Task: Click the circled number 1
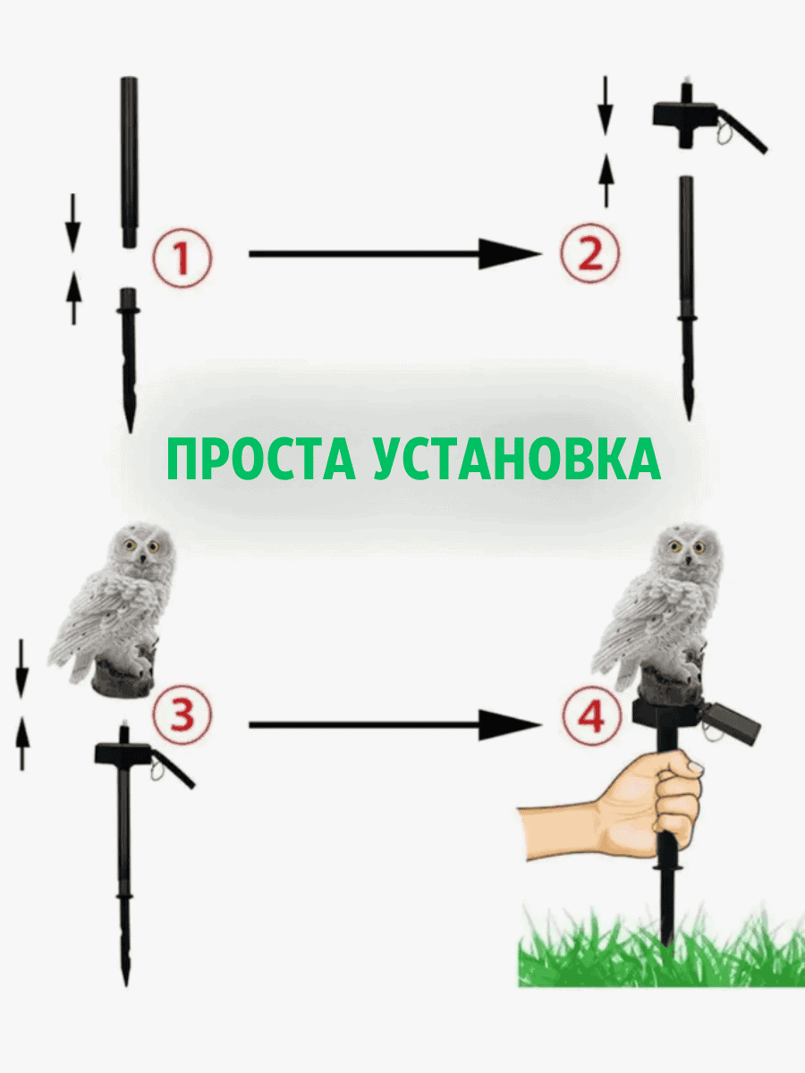[x=182, y=258]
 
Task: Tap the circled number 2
[x=590, y=253]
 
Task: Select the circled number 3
[x=182, y=714]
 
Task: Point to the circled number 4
[x=592, y=715]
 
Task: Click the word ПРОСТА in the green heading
[x=261, y=459]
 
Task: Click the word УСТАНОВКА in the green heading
[x=517, y=460]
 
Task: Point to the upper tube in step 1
[x=129, y=162]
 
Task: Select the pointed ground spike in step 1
[x=129, y=360]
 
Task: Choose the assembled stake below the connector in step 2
[x=687, y=298]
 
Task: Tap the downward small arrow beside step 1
[x=72, y=223]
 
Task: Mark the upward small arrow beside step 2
[x=606, y=181]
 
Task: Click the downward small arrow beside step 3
[x=21, y=669]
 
